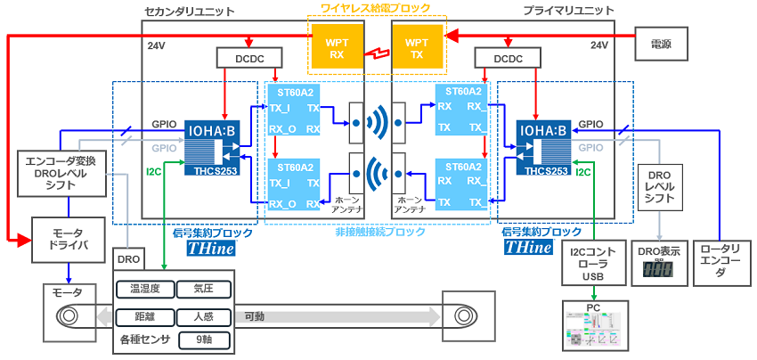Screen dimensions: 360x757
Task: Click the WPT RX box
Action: (x=338, y=47)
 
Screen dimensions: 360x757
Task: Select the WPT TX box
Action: (x=417, y=47)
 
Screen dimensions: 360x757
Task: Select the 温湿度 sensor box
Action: (x=144, y=290)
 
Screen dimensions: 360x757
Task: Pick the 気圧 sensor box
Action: (x=202, y=290)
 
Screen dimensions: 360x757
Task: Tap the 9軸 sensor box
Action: (x=202, y=340)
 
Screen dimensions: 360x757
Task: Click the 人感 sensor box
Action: (x=202, y=315)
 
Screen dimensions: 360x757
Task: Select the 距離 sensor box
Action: (x=144, y=315)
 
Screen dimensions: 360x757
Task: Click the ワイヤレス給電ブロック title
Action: (x=376, y=9)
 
